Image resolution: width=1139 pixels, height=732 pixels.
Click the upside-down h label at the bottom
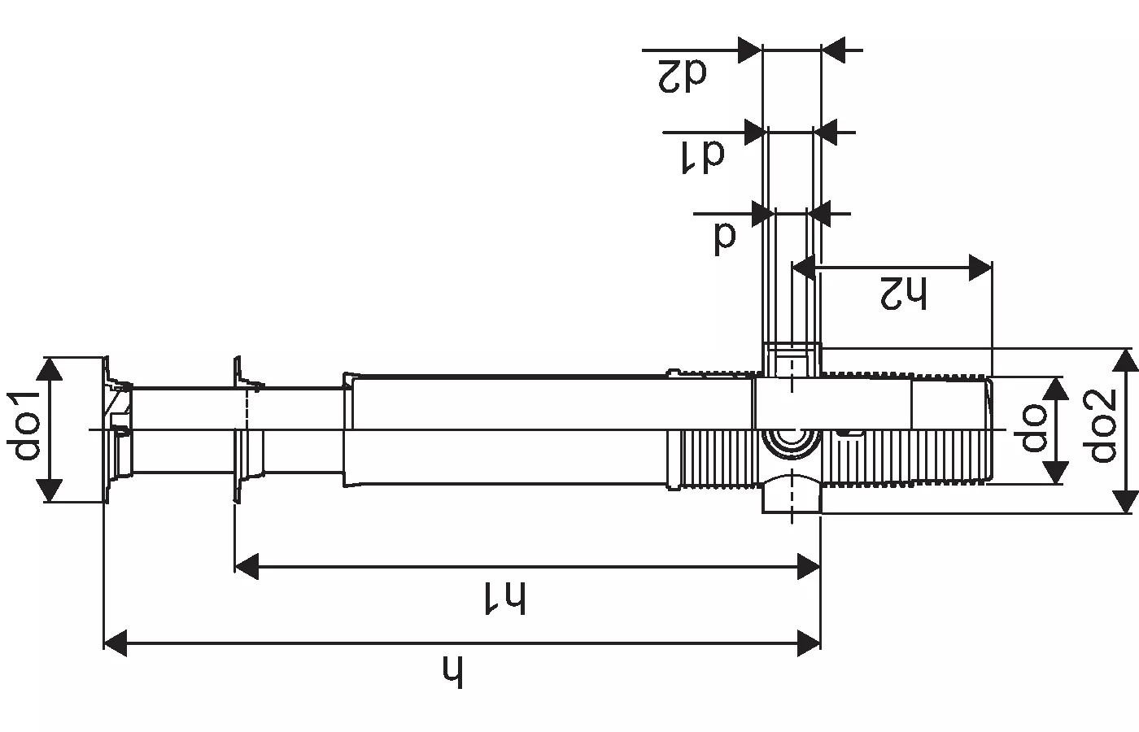[x=454, y=671]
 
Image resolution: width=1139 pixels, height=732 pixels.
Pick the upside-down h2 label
[x=904, y=293]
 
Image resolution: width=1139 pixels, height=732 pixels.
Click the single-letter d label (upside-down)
[x=725, y=235]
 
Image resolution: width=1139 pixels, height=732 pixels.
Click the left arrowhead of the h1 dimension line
[x=246, y=566]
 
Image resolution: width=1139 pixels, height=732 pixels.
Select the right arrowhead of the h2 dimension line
[x=980, y=267]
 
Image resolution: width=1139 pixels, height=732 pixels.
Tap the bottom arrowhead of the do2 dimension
[x=1125, y=500]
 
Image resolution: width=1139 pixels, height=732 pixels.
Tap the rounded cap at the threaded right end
[x=988, y=429]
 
